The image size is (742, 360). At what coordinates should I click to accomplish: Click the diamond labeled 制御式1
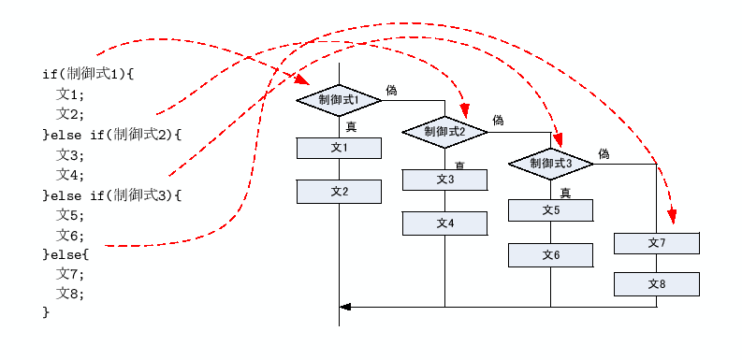click(339, 99)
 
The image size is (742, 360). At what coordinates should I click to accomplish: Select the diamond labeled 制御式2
click(444, 132)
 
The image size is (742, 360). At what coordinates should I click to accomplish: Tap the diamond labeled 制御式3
click(550, 164)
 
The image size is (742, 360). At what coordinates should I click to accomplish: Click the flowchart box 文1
click(339, 148)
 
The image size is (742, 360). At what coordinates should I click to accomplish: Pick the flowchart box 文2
click(339, 192)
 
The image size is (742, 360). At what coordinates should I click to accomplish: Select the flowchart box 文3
click(444, 180)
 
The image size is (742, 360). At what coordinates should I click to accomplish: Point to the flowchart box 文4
click(444, 223)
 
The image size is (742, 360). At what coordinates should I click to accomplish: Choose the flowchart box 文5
click(550, 210)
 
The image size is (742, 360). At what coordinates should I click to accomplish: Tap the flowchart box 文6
click(550, 254)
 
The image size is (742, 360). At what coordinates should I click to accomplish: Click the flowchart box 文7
click(656, 242)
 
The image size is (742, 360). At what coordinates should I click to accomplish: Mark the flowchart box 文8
click(656, 283)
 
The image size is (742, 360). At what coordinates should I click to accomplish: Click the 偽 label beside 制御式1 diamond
click(391, 90)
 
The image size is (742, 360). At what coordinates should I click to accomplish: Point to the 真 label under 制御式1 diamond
click(351, 126)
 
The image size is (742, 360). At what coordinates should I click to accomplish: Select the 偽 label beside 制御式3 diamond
click(604, 153)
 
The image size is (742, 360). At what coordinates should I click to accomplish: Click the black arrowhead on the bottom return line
click(345, 306)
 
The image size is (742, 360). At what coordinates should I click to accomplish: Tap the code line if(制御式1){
click(89, 73)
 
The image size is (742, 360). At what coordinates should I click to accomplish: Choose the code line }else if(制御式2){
click(111, 134)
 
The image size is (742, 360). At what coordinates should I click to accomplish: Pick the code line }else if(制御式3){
click(111, 194)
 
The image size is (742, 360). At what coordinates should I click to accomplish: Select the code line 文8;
click(69, 294)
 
